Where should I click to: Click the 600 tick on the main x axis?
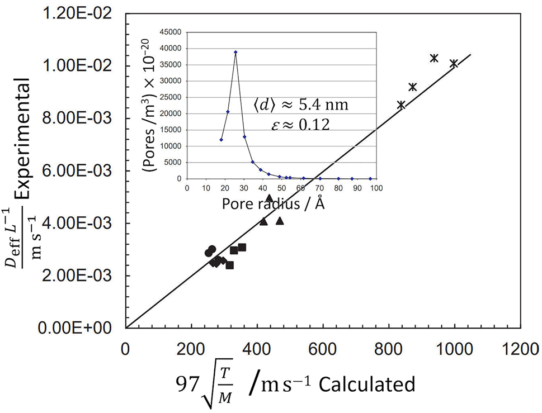tap(323, 350)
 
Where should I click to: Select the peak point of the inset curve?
tap(235, 52)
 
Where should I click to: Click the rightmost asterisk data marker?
tap(454, 64)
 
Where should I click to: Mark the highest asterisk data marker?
tap(433, 58)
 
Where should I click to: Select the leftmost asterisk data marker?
tap(401, 105)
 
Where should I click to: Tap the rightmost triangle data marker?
tap(280, 221)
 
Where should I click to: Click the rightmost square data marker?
tap(242, 247)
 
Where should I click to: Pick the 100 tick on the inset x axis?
tap(376, 188)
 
